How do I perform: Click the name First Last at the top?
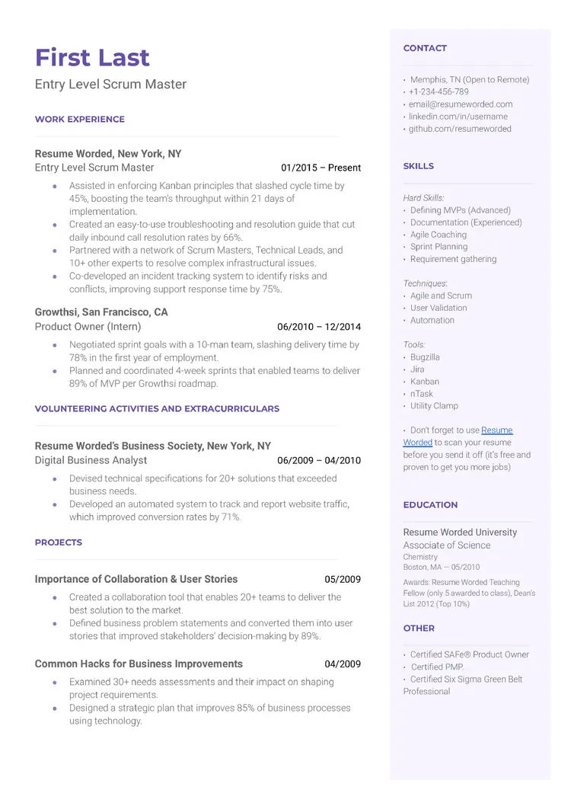coord(92,58)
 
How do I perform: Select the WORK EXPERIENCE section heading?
coord(79,119)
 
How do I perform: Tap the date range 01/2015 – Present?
coord(321,168)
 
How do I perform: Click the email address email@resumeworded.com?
coord(460,104)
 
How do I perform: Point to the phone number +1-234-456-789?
coord(439,92)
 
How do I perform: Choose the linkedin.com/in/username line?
coord(458,117)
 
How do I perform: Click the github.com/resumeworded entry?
coord(460,129)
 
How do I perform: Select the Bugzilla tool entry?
coord(425,357)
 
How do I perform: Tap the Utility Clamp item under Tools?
coord(434,406)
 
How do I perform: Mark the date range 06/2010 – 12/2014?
coord(319,327)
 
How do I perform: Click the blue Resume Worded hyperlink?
coord(496,430)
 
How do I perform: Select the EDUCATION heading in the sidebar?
coord(430,505)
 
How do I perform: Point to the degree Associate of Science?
coord(446,545)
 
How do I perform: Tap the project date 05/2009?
coord(343,579)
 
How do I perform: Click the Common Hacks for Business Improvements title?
coord(139,664)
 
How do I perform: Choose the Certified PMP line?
coord(436,667)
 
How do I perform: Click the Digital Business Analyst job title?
coord(91,460)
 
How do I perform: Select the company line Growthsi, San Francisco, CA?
coord(101,312)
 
